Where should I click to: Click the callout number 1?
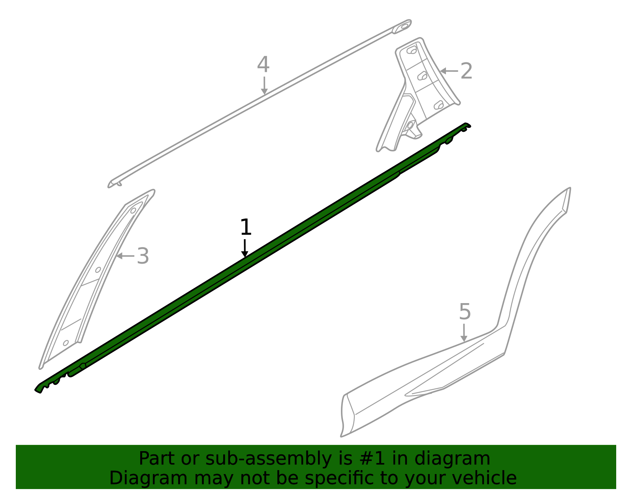coord(246,228)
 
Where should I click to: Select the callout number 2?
coord(466,71)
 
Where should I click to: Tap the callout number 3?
coord(143,256)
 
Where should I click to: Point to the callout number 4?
coord(263,65)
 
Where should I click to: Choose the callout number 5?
coord(465,312)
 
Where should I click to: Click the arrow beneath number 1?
coord(245,248)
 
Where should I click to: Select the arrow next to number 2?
coord(449,71)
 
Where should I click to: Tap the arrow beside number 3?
coord(125,256)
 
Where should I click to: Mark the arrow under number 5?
coord(464,333)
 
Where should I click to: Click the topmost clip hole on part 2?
coord(412,50)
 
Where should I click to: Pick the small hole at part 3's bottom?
coord(66,343)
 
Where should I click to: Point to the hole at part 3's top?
coord(133,210)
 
